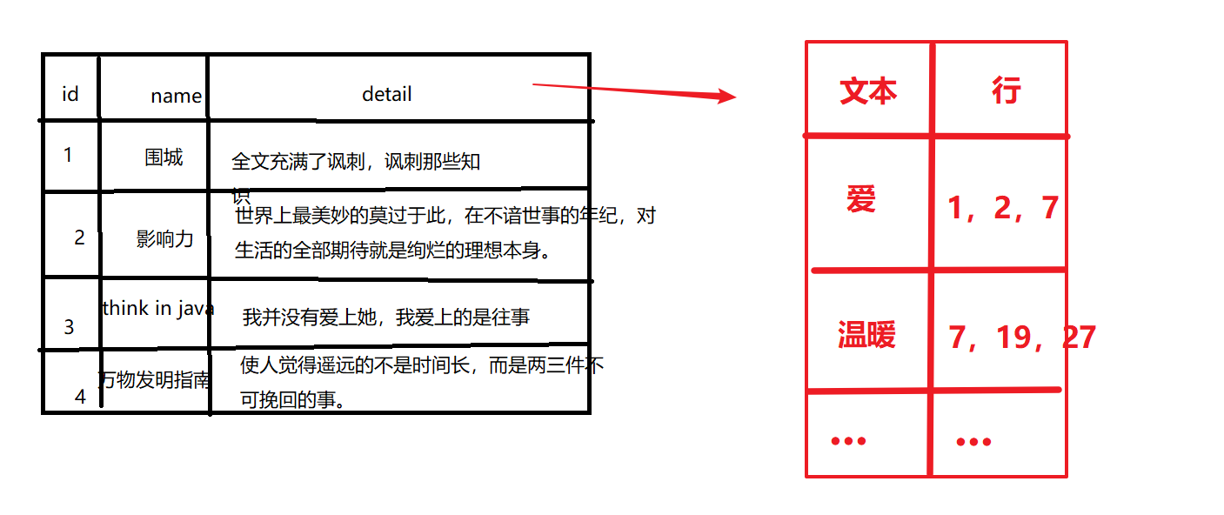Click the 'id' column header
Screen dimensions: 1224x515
[70, 93]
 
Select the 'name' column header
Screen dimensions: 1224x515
[176, 96]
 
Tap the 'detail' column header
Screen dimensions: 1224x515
[387, 93]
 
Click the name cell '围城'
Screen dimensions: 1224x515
[164, 157]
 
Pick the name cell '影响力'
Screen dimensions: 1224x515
[164, 238]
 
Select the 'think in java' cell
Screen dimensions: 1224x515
[158, 308]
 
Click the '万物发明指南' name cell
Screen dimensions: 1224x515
[154, 379]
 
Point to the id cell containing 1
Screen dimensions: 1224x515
[68, 155]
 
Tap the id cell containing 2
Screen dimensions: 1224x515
[80, 237]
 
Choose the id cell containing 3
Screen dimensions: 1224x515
[70, 327]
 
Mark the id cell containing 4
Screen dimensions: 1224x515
[80, 396]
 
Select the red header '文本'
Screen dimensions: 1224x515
[868, 90]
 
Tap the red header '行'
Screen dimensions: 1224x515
[1006, 90]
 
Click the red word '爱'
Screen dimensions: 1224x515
[861, 199]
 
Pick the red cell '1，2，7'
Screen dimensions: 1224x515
[1003, 208]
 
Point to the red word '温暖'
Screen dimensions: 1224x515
[867, 334]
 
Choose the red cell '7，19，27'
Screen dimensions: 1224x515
[1022, 337]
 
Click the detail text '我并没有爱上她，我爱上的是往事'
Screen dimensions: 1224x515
[386, 318]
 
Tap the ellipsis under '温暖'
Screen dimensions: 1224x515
[849, 441]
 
